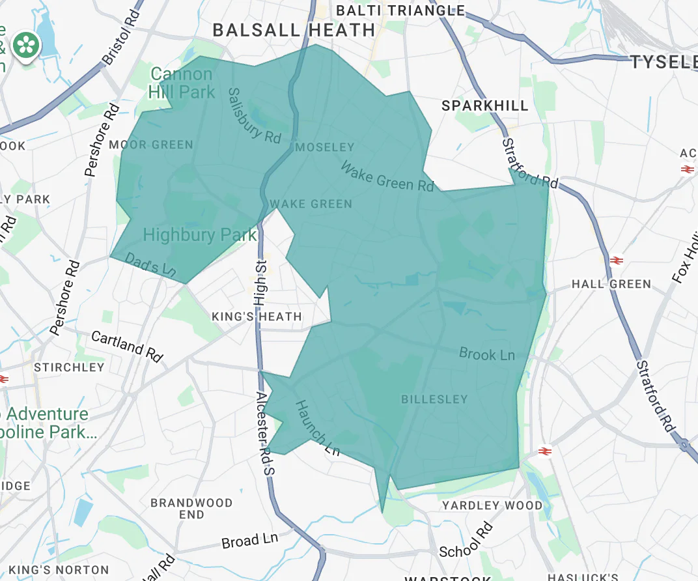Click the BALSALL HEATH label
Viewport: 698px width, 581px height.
(x=294, y=30)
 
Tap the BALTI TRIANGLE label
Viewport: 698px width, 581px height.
(x=400, y=10)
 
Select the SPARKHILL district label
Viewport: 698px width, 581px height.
(x=484, y=106)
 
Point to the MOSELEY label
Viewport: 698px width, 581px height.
(x=324, y=148)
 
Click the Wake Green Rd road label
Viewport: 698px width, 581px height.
(x=387, y=177)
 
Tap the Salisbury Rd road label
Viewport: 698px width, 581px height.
(x=254, y=116)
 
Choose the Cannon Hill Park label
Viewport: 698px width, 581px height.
(x=182, y=83)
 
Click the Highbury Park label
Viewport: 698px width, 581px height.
(x=199, y=234)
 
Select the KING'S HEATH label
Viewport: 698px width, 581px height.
(x=257, y=317)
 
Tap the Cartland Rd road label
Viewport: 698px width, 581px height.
(x=127, y=346)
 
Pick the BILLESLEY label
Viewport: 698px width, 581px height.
(x=434, y=399)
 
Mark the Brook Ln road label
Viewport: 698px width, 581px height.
(x=486, y=354)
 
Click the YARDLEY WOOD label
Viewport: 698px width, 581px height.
(x=492, y=505)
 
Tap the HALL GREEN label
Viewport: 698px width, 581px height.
(x=611, y=284)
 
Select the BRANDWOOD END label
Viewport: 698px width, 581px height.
(x=191, y=509)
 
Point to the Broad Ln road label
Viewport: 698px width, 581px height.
(x=249, y=541)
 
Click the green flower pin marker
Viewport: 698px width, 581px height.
(x=28, y=45)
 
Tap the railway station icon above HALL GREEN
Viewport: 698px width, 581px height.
(x=616, y=261)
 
